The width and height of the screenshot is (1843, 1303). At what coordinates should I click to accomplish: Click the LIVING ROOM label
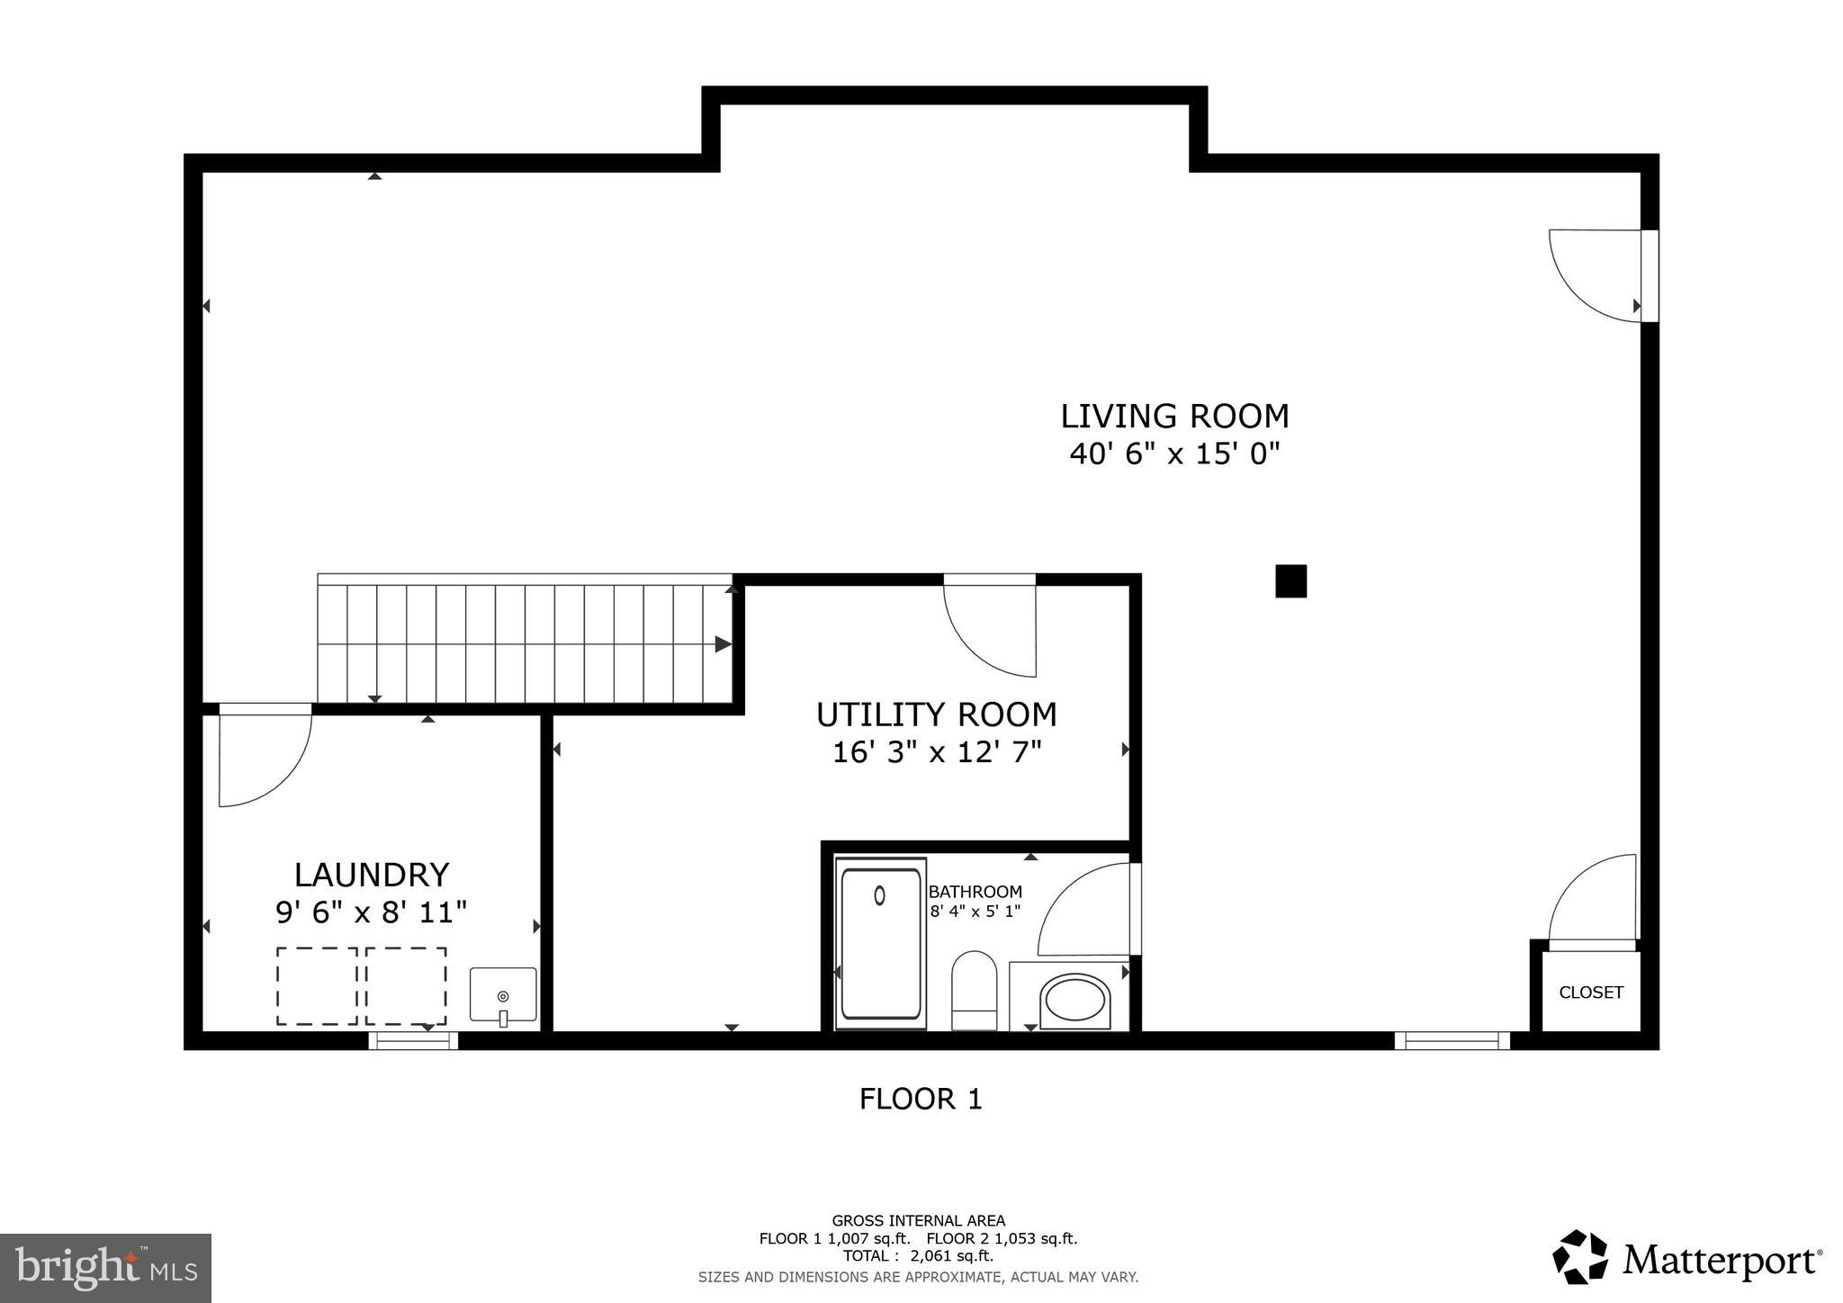coord(1174,417)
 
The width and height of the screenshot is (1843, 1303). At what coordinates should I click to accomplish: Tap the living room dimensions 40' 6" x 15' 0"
coord(1174,454)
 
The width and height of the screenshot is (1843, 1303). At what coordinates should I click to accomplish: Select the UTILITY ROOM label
coord(936,714)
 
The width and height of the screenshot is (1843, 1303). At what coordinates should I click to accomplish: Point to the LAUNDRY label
coord(371,875)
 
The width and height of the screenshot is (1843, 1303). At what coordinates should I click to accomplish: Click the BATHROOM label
coord(975,892)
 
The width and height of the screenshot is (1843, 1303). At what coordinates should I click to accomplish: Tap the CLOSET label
coord(1590,993)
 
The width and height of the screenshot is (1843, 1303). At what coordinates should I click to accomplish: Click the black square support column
coord(1290,581)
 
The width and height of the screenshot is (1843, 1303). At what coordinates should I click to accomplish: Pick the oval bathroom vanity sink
coord(1074,1001)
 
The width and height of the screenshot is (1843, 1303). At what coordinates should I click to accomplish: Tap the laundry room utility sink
coord(503,995)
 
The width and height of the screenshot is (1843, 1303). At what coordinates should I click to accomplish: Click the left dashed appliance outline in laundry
coord(317,985)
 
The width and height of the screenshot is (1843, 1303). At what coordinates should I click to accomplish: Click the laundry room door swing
coord(266,760)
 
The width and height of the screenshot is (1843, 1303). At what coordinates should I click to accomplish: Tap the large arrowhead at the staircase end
coord(723,644)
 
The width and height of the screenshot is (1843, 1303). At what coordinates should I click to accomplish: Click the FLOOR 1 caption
coord(920,1099)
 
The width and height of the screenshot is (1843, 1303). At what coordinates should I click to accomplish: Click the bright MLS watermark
coord(105,1269)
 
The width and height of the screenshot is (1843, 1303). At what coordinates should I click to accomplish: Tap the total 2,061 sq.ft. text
coord(918,1256)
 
